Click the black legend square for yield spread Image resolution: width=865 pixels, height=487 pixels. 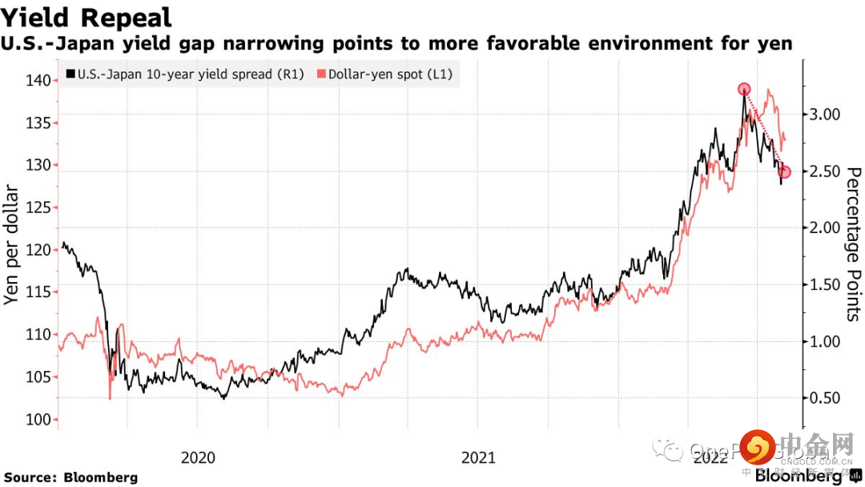tap(70, 74)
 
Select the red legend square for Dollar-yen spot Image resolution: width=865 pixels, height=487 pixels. tap(322, 74)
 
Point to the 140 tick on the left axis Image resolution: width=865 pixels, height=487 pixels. tap(39, 80)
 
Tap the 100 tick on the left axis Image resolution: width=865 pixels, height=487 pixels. tap(39, 420)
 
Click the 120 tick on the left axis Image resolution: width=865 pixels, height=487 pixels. tap(39, 250)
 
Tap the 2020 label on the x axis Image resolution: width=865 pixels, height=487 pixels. tap(198, 457)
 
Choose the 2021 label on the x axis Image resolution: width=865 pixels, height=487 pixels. tap(478, 457)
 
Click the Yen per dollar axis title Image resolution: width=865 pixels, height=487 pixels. tap(12, 244)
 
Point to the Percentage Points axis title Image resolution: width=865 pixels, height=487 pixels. tap(853, 244)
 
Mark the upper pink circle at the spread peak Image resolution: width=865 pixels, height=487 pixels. tap(744, 89)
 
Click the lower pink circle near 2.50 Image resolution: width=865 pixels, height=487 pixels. tap(785, 171)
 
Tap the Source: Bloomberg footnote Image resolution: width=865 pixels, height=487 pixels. tap(71, 477)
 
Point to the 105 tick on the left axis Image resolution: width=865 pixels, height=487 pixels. tap(39, 377)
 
